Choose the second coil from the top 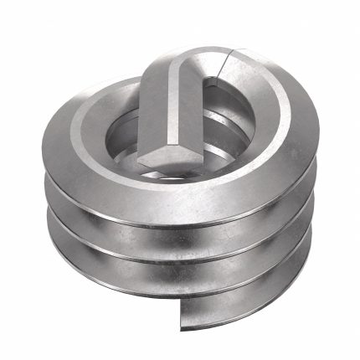click(180, 230)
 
